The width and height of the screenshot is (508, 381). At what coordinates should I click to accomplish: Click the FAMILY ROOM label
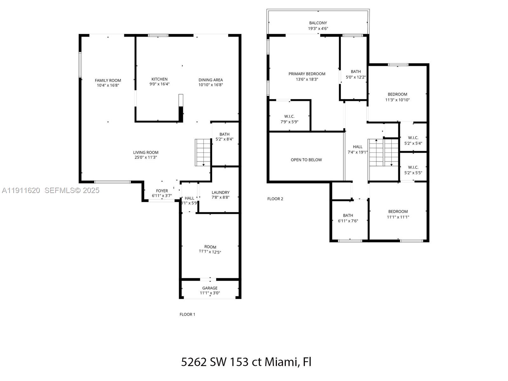pyautogui.click(x=108, y=80)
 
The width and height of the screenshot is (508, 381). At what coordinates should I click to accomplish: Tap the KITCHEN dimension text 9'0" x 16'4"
pyautogui.click(x=159, y=84)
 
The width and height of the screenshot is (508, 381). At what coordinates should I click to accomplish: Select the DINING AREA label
pyautogui.click(x=211, y=80)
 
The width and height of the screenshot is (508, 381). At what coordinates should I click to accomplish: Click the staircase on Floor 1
pyautogui.click(x=203, y=152)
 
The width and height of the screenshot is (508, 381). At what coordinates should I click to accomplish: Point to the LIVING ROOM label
pyautogui.click(x=146, y=152)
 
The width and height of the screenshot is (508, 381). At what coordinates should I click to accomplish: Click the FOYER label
pyautogui.click(x=162, y=191)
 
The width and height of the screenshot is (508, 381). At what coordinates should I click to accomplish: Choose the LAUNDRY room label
pyautogui.click(x=220, y=192)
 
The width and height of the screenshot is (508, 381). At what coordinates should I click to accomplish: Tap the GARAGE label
pyautogui.click(x=210, y=288)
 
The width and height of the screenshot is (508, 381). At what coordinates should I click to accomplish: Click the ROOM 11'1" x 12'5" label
pyautogui.click(x=210, y=247)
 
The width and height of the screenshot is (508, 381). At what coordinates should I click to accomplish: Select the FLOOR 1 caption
pyautogui.click(x=187, y=314)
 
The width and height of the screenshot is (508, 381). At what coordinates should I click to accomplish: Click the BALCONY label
pyautogui.click(x=318, y=23)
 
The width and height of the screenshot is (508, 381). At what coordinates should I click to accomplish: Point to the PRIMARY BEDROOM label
pyautogui.click(x=307, y=74)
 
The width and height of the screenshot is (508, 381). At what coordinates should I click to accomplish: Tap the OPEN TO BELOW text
pyautogui.click(x=306, y=160)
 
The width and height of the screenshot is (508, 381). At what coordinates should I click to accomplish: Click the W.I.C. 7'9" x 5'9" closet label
pyautogui.click(x=289, y=117)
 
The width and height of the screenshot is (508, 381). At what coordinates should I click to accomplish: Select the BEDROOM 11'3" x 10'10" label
pyautogui.click(x=397, y=94)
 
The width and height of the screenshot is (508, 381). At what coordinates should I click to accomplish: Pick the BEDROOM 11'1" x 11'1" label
pyautogui.click(x=398, y=211)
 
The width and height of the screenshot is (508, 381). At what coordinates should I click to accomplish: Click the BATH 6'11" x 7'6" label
pyautogui.click(x=348, y=215)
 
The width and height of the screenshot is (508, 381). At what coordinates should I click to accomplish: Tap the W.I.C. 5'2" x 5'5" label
pyautogui.click(x=413, y=167)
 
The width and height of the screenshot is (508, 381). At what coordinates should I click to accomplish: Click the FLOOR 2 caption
pyautogui.click(x=275, y=199)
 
